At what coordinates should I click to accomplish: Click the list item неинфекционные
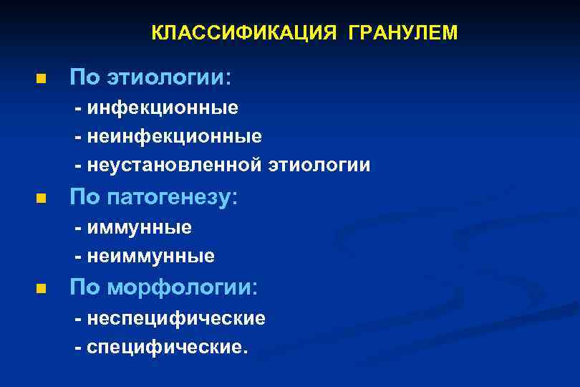click(175, 136)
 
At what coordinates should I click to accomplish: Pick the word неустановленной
click(175, 166)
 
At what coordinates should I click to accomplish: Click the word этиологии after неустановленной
click(319, 166)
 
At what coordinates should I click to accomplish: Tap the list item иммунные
click(140, 228)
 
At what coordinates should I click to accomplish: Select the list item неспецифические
click(176, 318)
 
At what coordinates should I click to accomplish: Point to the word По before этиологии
click(83, 77)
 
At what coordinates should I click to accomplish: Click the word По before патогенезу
click(83, 198)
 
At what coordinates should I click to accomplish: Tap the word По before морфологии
click(83, 288)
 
